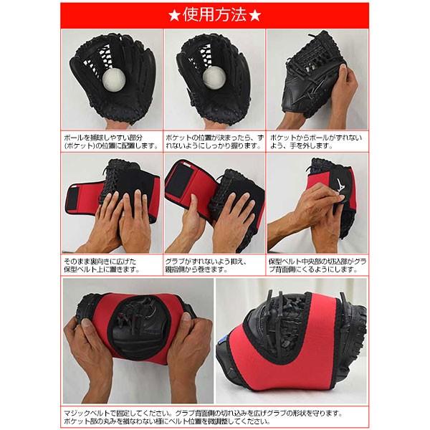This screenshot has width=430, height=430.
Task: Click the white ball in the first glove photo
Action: click(114, 80)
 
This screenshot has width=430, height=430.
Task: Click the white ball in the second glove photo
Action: click(214, 77)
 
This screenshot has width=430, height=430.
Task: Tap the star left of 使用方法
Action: click(174, 16)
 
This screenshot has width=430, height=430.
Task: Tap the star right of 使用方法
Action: click(254, 16)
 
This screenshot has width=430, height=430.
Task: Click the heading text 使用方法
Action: click(214, 15)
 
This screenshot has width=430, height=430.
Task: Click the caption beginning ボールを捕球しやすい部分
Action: click(112, 142)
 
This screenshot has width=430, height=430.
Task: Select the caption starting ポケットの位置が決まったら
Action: click(214, 142)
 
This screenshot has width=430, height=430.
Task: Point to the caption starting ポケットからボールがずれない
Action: click(316, 142)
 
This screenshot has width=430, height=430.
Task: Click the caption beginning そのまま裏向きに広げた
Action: click(102, 265)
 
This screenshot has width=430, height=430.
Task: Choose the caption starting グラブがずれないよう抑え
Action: click(206, 265)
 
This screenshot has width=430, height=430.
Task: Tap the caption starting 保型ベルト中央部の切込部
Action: click(317, 265)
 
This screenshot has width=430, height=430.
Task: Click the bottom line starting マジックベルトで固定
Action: click(204, 413)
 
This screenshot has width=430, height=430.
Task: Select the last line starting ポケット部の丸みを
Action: click(168, 421)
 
